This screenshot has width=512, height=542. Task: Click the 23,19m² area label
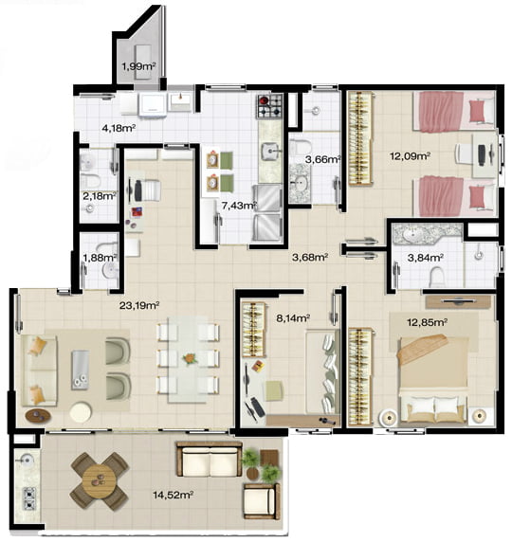(139, 305)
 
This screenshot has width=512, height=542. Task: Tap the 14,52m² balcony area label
(173, 495)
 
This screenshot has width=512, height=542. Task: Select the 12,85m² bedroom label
(428, 322)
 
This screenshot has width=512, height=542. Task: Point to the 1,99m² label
(138, 66)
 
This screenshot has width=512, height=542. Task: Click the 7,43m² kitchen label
(239, 206)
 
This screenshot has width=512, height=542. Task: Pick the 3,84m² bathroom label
(426, 258)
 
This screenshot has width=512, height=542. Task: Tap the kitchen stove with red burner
(270, 105)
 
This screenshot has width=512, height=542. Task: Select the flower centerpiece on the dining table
(189, 359)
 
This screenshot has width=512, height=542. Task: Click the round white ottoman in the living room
(81, 411)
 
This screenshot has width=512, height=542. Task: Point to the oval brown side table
(38, 415)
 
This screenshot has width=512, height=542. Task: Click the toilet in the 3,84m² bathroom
(436, 276)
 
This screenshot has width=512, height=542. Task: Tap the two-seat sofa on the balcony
(210, 459)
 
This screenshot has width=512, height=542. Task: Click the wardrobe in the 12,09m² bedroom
(360, 138)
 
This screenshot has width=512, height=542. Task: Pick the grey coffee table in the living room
(81, 370)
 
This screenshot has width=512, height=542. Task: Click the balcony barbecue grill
(29, 498)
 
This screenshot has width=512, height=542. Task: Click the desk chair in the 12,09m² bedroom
(464, 154)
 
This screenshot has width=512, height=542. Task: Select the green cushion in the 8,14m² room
(274, 390)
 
